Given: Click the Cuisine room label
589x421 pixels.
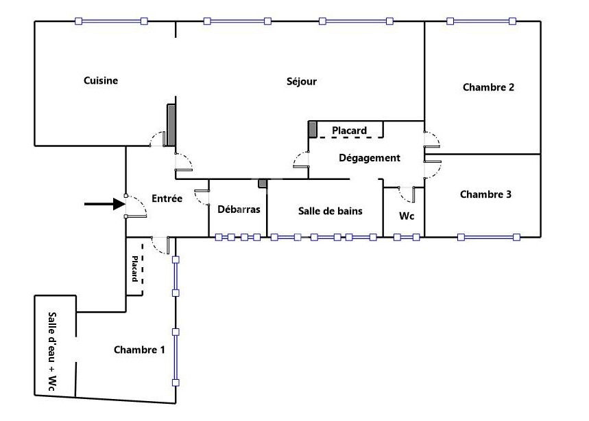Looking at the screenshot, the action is point(101,80).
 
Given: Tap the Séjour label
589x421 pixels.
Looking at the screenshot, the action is point(302,81).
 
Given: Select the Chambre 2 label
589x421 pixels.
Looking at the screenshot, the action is point(488,87).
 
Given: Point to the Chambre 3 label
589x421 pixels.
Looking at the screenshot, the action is point(485,194).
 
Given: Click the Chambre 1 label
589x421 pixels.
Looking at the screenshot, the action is point(139,350).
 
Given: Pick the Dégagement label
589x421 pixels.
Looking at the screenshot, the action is point(370,158).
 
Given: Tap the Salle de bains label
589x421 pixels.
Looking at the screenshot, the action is point(330,211).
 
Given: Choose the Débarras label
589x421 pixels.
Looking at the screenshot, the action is point(239,209).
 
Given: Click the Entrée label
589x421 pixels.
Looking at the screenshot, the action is point(167,198).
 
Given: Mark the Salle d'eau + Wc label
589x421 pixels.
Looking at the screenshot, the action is point(53,352).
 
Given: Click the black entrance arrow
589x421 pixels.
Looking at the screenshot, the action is point(104,204).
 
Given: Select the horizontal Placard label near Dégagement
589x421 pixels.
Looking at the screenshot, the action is point(349,130).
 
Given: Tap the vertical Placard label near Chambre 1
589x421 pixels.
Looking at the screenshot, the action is point(135,269).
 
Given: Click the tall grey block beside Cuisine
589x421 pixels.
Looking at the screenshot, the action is point(171,125).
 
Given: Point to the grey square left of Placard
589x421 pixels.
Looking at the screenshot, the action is point(313,129).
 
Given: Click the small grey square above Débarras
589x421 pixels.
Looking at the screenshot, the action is point(262,183).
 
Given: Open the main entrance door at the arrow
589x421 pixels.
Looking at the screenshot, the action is point(136,206).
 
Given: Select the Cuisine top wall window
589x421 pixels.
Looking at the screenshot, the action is point(111,21).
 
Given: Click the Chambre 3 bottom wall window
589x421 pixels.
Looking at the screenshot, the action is point(489,237).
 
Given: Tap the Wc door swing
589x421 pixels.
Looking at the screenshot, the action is point(407,194).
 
